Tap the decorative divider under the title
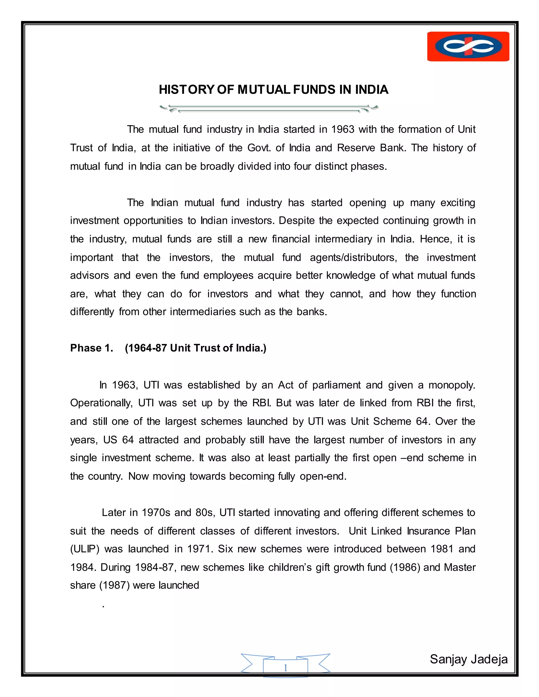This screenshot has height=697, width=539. [269, 109]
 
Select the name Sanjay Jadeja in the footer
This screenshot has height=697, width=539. [468, 659]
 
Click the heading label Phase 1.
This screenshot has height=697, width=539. [92, 348]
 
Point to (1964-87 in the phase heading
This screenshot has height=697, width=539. [146, 348]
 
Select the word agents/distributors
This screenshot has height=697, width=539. [353, 257]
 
